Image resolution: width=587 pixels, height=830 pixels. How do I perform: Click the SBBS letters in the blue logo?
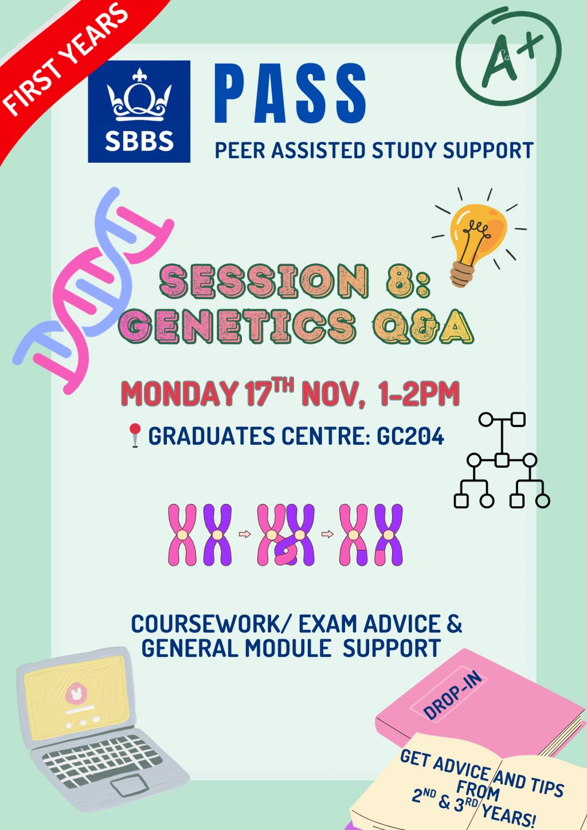[x=139, y=141]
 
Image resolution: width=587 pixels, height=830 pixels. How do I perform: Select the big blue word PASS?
[x=290, y=93]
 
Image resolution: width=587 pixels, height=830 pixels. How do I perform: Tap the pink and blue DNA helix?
[x=93, y=291]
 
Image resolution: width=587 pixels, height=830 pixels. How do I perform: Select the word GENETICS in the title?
[x=237, y=326]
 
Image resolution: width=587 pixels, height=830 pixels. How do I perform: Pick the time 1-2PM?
[x=418, y=394]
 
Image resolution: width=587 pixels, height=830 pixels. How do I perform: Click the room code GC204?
[x=410, y=436]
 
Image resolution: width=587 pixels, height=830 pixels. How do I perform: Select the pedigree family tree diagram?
[x=502, y=460]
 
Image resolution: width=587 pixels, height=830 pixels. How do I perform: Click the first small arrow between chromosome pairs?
[x=245, y=534]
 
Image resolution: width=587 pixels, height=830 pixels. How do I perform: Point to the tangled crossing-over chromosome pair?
[x=285, y=535]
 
